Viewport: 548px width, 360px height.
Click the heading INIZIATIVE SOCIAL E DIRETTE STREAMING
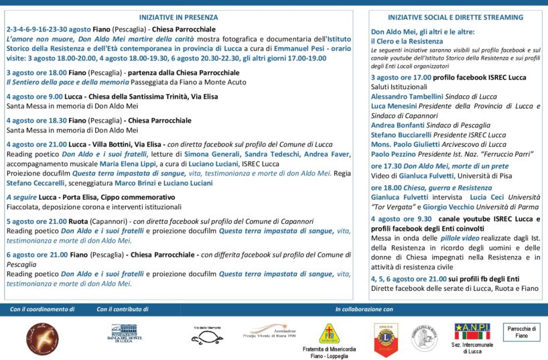coord(456,17)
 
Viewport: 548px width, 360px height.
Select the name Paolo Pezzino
coord(394,154)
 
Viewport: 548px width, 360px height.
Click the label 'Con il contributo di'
coord(122,310)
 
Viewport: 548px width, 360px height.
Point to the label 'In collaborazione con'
coord(364,310)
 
